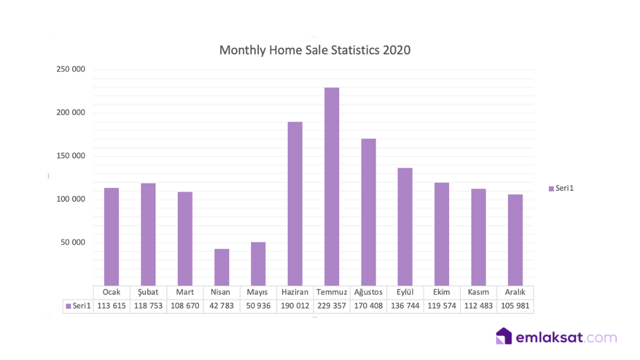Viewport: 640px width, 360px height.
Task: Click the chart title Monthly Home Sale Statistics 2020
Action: pyautogui.click(x=315, y=50)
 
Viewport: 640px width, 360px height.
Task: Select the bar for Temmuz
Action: pyautogui.click(x=332, y=187)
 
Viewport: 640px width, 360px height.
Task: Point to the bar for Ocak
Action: pyautogui.click(x=111, y=237)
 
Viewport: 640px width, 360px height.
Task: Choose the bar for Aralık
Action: pyautogui.click(x=515, y=240)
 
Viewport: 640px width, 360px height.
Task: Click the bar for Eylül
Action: pyautogui.click(x=405, y=227)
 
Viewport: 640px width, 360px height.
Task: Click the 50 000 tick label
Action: pyautogui.click(x=73, y=243)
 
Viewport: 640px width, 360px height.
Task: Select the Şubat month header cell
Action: pyautogui.click(x=148, y=292)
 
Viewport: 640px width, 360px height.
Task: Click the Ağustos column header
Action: pyautogui.click(x=369, y=292)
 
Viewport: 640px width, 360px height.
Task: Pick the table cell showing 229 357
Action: pyautogui.click(x=332, y=306)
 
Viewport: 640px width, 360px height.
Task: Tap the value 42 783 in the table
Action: pyautogui.click(x=222, y=306)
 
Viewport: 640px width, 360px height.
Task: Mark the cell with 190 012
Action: pyautogui.click(x=295, y=306)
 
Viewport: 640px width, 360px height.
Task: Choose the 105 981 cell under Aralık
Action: pyautogui.click(x=515, y=306)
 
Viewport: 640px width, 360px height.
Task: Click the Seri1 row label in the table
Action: pyautogui.click(x=78, y=306)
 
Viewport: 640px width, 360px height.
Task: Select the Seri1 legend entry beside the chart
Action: pyautogui.click(x=561, y=188)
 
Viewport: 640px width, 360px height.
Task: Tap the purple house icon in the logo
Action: pyautogui.click(x=504, y=337)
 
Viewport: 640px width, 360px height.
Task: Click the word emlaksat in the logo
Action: pyautogui.click(x=549, y=338)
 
